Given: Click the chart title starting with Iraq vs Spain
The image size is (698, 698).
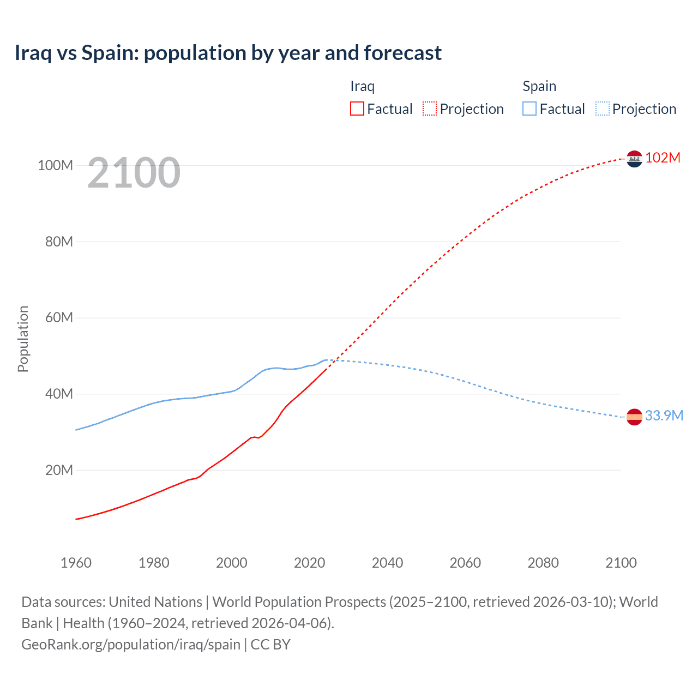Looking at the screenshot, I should [x=228, y=53].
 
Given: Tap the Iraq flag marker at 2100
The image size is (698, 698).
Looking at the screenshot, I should [x=634, y=159].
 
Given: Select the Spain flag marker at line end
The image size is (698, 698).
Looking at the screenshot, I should [x=634, y=417].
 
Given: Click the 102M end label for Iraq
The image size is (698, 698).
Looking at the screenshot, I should [x=663, y=158].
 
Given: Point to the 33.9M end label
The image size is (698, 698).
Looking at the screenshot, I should [x=664, y=416].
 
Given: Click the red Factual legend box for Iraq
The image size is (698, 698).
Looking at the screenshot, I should [x=357, y=109].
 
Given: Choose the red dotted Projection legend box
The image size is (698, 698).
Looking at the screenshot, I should [x=430, y=109].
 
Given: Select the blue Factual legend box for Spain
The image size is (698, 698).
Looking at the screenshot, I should [x=529, y=109].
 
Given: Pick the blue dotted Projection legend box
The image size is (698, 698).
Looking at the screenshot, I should [x=603, y=109].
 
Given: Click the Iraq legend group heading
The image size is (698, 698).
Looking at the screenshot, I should [x=362, y=86].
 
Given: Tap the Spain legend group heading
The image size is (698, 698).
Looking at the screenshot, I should [x=539, y=86].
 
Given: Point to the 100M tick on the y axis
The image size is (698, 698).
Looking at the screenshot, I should [x=55, y=165].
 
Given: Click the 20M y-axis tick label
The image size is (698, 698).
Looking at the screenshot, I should [x=59, y=470].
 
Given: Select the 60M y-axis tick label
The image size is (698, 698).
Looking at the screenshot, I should [x=59, y=317].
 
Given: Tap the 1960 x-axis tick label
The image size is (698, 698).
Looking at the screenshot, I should [x=76, y=563].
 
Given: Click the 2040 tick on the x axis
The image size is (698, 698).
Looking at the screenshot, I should [x=387, y=563].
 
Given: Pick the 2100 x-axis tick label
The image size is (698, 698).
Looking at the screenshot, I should [x=621, y=563].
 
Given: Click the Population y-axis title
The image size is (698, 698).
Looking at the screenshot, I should [x=23, y=339].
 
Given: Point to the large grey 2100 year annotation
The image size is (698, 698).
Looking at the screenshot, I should [x=134, y=173].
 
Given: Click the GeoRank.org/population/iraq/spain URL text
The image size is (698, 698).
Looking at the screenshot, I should [x=131, y=644].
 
